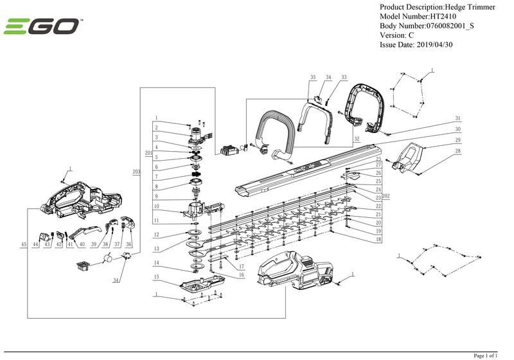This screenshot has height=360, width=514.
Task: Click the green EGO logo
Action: click(x=42, y=27)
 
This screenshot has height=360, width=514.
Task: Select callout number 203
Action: click(x=136, y=172)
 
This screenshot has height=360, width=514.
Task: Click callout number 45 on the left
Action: click(x=24, y=245)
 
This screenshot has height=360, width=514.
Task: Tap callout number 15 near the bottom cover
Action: click(x=155, y=276)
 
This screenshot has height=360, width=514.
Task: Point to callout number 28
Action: click(x=458, y=151)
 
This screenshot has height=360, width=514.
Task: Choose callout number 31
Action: click(x=458, y=118)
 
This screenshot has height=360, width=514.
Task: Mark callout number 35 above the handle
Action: click(x=313, y=77)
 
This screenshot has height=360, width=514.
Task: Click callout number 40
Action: click(x=81, y=245)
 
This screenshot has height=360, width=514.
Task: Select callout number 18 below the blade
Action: click(x=378, y=239)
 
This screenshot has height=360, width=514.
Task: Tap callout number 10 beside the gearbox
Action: click(x=155, y=207)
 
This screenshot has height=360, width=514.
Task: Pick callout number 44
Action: click(x=35, y=245)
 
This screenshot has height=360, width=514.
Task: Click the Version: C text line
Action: click(x=397, y=35)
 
